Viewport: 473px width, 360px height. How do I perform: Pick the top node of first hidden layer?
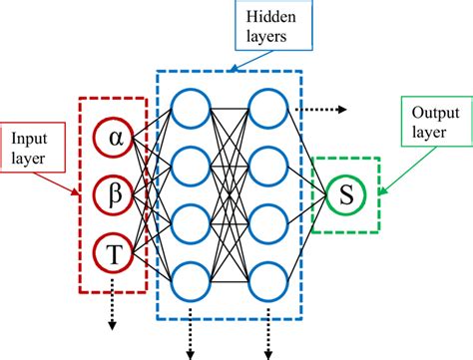pyautogui.click(x=190, y=108)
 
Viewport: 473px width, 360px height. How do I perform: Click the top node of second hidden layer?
pyautogui.click(x=268, y=108)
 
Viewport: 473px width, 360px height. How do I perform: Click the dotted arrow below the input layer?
pyautogui.click(x=112, y=305)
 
